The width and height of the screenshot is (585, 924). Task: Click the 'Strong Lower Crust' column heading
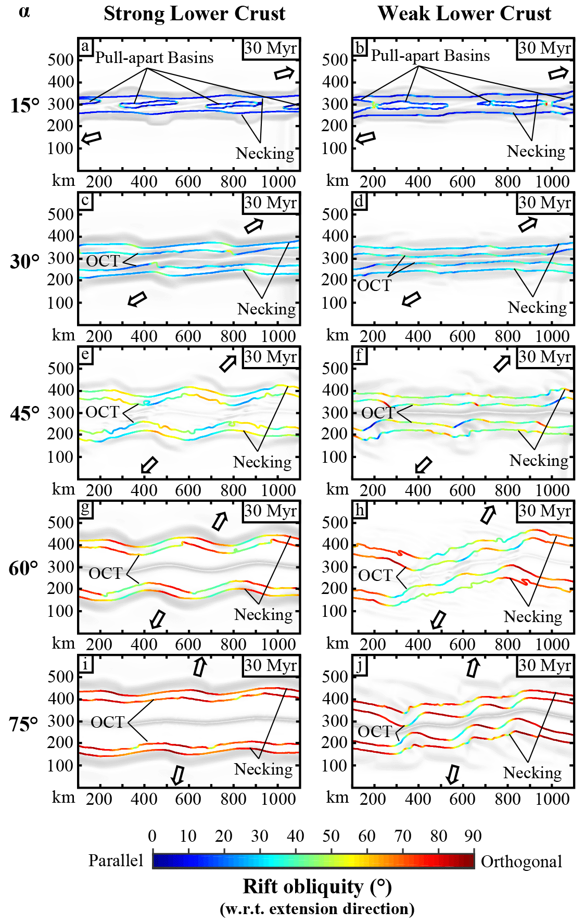(194, 14)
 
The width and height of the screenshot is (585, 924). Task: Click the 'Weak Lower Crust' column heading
(464, 14)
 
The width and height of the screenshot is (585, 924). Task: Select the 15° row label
(24, 105)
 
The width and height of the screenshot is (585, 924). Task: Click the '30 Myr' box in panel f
(545, 357)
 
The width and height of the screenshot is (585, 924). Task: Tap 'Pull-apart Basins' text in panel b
(430, 56)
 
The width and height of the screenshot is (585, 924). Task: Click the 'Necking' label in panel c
(266, 309)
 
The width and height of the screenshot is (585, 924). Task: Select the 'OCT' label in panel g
(105, 573)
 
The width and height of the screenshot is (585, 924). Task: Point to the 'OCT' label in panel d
(374, 285)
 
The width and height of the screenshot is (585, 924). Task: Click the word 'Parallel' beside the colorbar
(116, 860)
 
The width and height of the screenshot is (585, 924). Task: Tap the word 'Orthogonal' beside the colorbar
(521, 862)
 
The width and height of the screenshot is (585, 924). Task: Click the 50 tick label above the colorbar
(330, 836)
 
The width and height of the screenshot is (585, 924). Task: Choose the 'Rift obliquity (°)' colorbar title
(317, 886)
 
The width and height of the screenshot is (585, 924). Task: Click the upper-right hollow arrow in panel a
(284, 73)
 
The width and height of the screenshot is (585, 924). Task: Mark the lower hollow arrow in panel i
(178, 775)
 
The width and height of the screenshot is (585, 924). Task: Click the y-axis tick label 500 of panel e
(61, 368)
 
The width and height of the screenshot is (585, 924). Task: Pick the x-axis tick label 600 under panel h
(462, 644)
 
